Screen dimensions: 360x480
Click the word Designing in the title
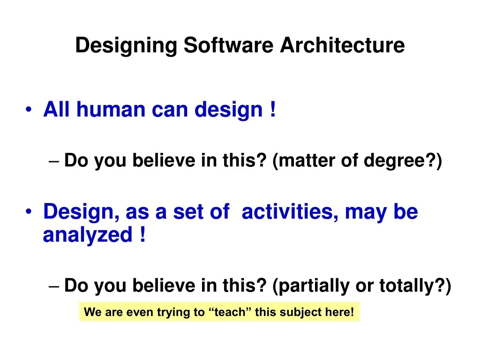(126, 46)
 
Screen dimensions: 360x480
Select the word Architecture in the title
(342, 46)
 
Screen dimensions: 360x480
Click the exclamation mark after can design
(272, 110)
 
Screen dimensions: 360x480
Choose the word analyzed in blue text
(88, 235)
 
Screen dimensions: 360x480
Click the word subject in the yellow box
(300, 312)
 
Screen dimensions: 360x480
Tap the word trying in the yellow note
(175, 312)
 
